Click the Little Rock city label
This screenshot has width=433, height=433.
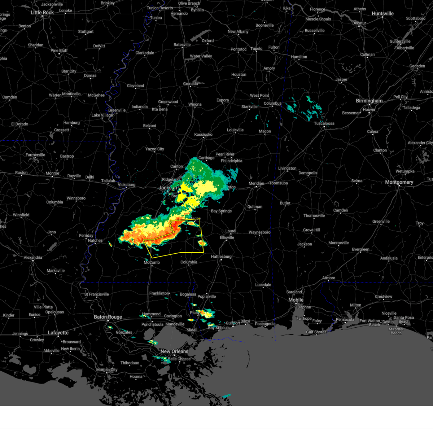tap(42, 13)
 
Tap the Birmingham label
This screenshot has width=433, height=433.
tap(369, 101)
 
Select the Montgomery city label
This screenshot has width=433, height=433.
tap(399, 182)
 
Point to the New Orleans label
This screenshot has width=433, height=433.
tap(174, 351)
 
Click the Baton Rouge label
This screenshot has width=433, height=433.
tap(108, 317)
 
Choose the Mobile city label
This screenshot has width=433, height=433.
tap(296, 300)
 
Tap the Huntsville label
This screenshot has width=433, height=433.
tap(382, 14)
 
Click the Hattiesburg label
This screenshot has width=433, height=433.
tap(221, 257)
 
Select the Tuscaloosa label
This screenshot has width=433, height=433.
tap(324, 123)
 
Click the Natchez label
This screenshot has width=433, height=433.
tap(95, 241)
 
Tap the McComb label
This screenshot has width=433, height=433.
tap(152, 262)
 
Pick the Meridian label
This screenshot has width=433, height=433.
tap(256, 184)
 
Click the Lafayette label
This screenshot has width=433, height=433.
tap(58, 333)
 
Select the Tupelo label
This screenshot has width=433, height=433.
tap(257, 49)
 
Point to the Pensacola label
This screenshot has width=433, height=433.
tap(345, 319)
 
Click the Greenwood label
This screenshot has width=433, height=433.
tap(168, 102)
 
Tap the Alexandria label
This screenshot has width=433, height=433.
tap(33, 258)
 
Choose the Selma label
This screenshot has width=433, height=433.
tap(357, 181)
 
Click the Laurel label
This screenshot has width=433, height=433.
tap(231, 231)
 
